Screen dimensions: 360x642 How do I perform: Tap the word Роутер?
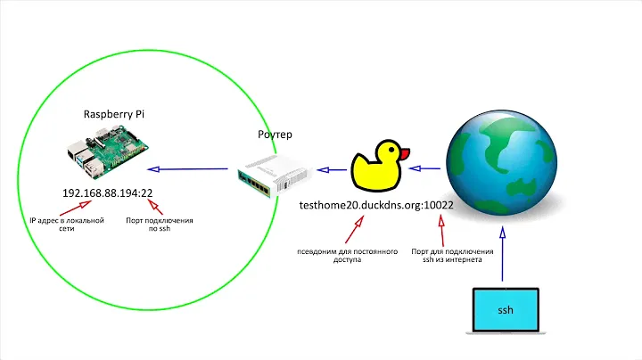(274, 135)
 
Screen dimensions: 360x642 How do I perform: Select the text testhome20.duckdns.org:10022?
(378, 205)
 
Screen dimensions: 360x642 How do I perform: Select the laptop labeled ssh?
(505, 311)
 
